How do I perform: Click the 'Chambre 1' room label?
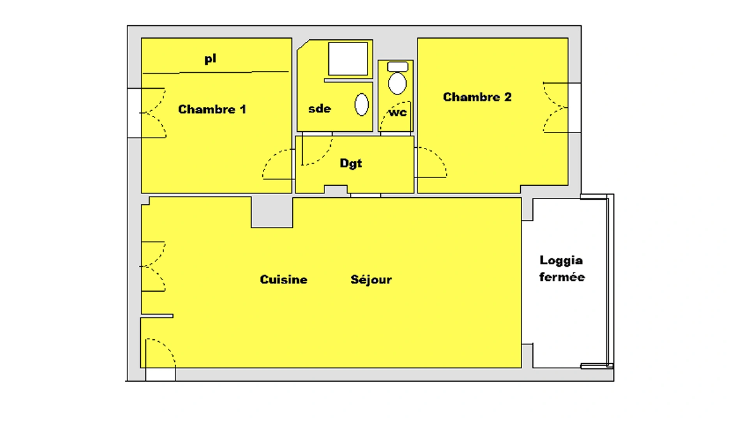pyautogui.click(x=212, y=110)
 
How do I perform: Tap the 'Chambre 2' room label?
pyautogui.click(x=477, y=97)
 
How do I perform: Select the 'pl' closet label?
pyautogui.click(x=210, y=59)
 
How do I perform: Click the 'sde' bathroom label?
pyautogui.click(x=320, y=109)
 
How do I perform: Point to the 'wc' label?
pyautogui.click(x=398, y=113)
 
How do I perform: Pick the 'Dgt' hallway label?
pyautogui.click(x=351, y=163)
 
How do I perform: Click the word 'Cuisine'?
pyautogui.click(x=283, y=280)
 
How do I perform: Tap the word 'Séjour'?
pyautogui.click(x=371, y=280)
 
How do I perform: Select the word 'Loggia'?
pyautogui.click(x=561, y=260)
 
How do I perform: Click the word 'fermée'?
pyautogui.click(x=562, y=277)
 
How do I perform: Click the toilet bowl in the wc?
pyautogui.click(x=397, y=83)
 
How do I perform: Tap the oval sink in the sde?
pyautogui.click(x=362, y=104)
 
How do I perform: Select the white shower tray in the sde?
pyautogui.click(x=348, y=59)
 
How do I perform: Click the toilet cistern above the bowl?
pyautogui.click(x=398, y=67)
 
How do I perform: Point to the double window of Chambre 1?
pyautogui.click(x=134, y=113)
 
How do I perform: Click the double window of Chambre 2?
pyautogui.click(x=574, y=108)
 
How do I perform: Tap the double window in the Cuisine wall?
pyautogui.click(x=153, y=267)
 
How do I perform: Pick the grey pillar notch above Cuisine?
pyautogui.click(x=272, y=212)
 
